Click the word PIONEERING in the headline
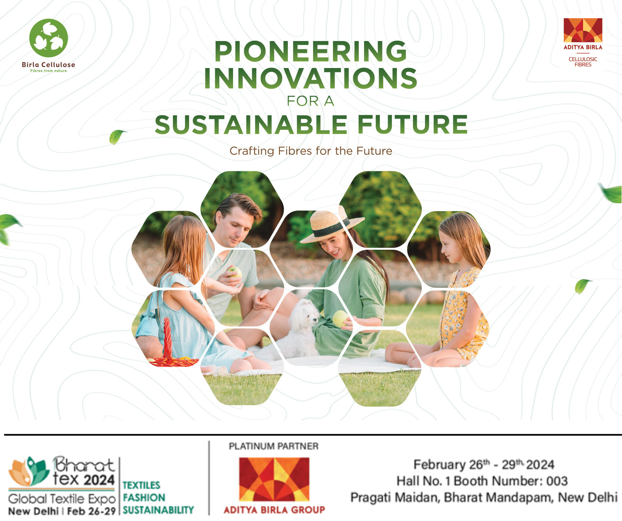point(311,51)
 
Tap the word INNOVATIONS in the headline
point(311,78)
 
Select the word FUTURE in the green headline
point(413,124)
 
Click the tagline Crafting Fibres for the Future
point(311,151)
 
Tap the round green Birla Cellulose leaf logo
point(49,38)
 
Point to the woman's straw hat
point(332,226)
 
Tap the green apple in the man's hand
point(235,272)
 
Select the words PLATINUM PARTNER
point(274,446)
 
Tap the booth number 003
point(556,481)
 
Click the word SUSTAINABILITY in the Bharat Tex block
point(158,510)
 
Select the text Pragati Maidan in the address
point(394,497)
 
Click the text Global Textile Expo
point(62,499)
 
